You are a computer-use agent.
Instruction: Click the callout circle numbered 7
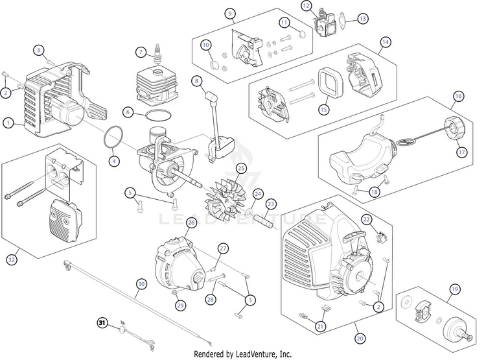140,52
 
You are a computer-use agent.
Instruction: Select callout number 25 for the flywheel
242,169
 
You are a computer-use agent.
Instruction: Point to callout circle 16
457,97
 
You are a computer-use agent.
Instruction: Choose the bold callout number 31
102,322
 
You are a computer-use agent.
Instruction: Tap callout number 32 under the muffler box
11,259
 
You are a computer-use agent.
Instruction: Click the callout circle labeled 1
8,121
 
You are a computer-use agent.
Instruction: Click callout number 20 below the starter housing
360,338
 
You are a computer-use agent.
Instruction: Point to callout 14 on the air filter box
385,42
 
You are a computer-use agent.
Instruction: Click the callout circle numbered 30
141,283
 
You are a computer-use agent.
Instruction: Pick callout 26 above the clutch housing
191,222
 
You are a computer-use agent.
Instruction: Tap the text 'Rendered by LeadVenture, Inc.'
243,354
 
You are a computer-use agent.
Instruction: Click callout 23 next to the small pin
271,204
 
